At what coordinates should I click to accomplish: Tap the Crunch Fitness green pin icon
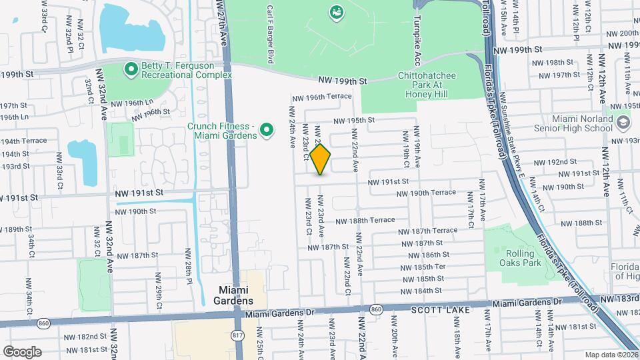pos(266,129)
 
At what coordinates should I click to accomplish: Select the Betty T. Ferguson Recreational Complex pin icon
pos(131,68)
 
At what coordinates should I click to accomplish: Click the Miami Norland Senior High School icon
pos(622,123)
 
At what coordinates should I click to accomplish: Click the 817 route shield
pos(237,336)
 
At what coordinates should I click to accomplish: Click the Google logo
pos(22,351)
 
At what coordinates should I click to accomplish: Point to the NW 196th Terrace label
pos(329,97)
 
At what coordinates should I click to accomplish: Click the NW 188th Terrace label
pos(365,221)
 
